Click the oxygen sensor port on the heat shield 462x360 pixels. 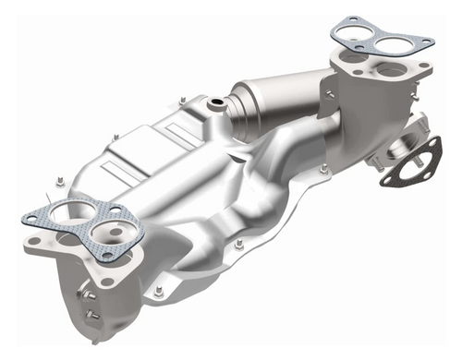(x=217, y=103)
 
